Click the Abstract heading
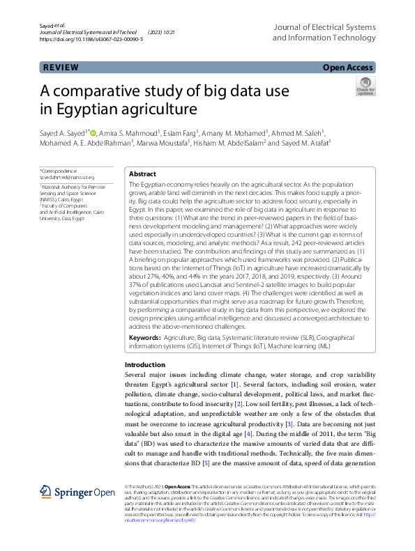coord(142,175)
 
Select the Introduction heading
coord(144,365)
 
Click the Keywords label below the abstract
coord(144,336)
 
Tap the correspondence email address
coord(66,178)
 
